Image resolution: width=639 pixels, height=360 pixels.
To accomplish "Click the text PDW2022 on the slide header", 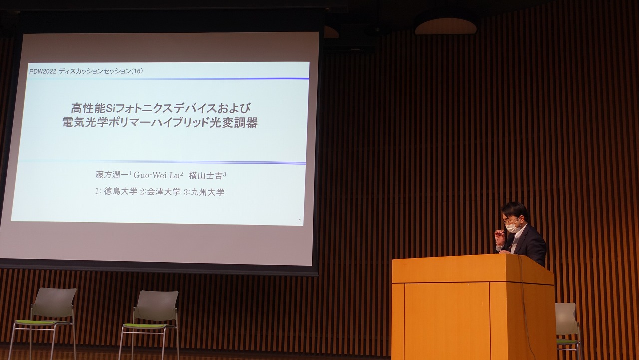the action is (43, 71).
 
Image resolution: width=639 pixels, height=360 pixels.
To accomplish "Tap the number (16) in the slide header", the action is (137, 71).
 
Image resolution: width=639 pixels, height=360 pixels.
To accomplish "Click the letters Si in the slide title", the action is (109, 108).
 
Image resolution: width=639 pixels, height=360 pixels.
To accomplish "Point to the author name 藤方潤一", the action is (112, 175).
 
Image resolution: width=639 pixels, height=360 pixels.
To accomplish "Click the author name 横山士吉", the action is (206, 176).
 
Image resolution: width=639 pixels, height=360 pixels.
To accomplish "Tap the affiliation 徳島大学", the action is (121, 191).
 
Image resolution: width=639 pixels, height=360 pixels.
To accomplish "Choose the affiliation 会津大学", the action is (164, 192).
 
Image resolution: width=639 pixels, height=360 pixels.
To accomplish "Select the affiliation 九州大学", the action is (207, 192).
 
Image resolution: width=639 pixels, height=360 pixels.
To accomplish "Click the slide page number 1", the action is (300, 221).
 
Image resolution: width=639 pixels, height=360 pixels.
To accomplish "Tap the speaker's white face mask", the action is (512, 228).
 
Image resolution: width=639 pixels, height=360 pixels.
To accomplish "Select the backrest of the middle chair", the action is (156, 305).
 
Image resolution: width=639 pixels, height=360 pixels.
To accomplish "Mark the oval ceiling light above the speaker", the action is (446, 27).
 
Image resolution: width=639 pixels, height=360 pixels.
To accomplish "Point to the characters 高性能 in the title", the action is (88, 109).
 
